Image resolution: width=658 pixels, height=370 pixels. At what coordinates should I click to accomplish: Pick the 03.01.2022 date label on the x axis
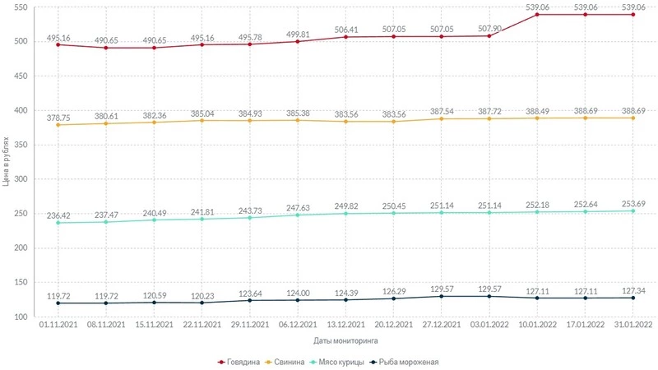[489, 325]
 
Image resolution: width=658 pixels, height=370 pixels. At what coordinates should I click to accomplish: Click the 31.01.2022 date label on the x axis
[633, 325]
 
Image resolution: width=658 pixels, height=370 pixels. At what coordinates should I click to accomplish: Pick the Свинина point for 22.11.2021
[201, 121]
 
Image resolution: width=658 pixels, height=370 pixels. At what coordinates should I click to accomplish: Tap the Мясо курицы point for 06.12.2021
[297, 215]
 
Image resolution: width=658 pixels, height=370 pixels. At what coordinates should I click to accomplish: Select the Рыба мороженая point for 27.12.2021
[442, 296]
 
